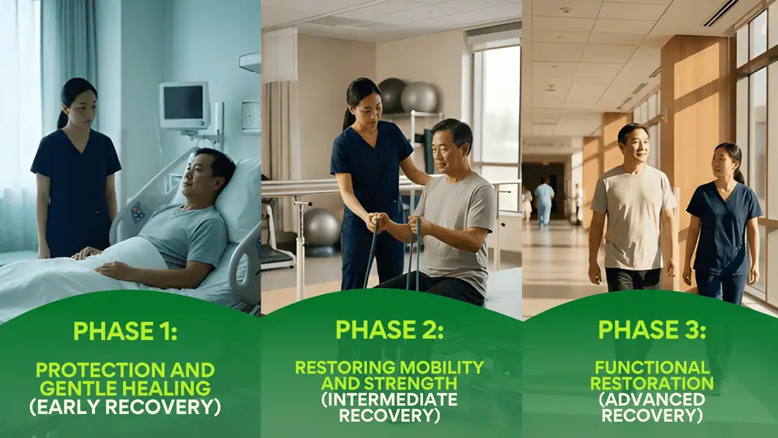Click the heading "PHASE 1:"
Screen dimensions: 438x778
125,331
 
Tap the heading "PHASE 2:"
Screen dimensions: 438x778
389,330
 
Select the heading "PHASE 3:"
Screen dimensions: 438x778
652,330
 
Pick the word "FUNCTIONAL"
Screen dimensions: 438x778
652,366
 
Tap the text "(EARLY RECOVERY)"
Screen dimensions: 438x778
125,406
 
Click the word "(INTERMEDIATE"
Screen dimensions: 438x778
389,400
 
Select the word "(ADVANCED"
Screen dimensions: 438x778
652,400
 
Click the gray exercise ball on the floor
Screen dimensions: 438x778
321,226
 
